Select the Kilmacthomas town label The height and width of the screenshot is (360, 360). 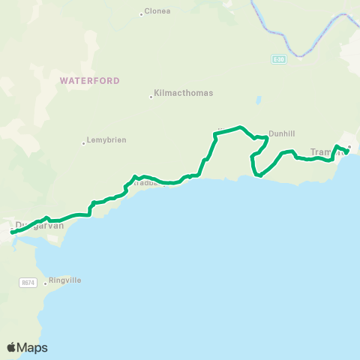coord(183,94)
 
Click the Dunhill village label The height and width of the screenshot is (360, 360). coord(281,133)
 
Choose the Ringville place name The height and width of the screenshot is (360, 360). coord(64,280)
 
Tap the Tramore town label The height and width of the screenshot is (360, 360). coord(325,151)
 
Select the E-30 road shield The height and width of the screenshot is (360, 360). coord(278,58)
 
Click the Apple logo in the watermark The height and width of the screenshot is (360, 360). coord(12,347)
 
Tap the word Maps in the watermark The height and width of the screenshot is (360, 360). coord(33,347)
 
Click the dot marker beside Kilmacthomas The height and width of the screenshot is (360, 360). coord(151,95)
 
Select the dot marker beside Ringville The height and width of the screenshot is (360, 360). coord(45,283)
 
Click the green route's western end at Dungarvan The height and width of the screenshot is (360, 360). coord(12,233)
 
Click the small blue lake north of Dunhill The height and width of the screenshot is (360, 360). coord(259,99)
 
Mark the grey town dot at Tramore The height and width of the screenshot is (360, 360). coord(349,147)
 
